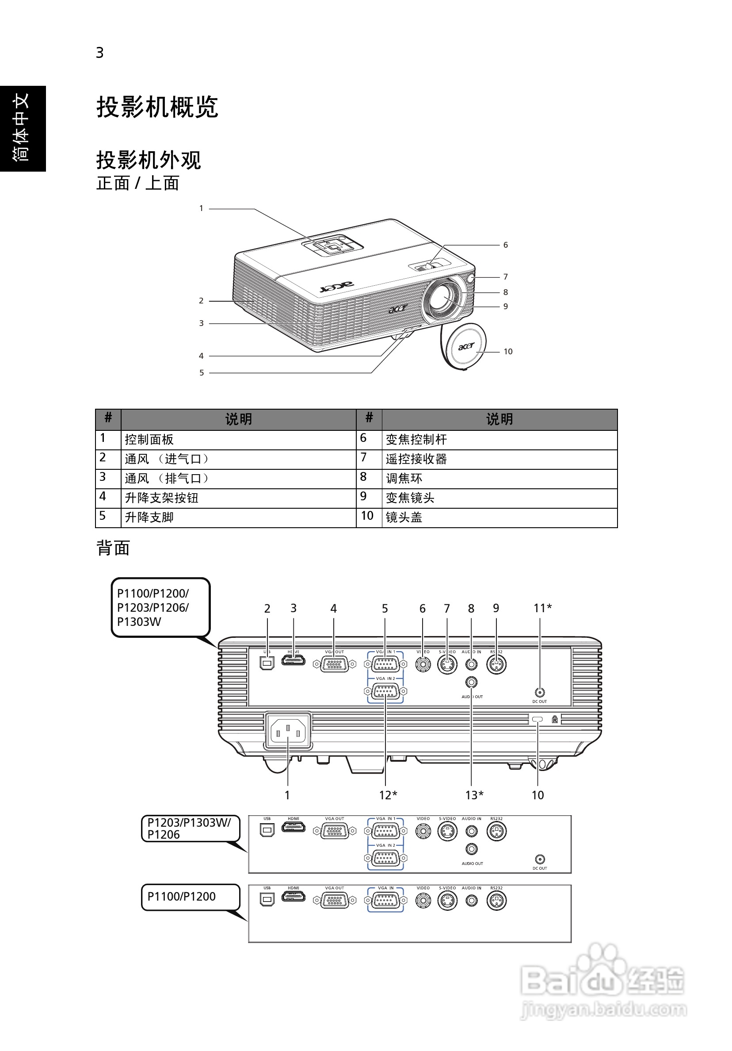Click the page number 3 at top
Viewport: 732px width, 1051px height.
[100, 53]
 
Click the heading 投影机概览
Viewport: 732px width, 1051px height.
[157, 107]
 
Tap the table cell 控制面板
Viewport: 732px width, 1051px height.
[149, 439]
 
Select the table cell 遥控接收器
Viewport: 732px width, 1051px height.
[416, 459]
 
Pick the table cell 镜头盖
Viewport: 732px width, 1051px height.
[404, 517]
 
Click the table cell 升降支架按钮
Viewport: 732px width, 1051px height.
[161, 498]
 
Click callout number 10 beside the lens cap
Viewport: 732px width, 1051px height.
[508, 352]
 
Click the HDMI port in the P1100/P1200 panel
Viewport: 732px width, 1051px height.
[293, 899]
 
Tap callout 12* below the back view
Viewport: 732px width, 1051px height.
[388, 795]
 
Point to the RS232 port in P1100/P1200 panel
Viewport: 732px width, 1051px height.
[496, 901]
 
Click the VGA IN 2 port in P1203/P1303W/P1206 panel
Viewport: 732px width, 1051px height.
[385, 858]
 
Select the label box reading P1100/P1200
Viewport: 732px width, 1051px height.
[191, 896]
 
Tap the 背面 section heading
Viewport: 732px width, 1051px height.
[114, 548]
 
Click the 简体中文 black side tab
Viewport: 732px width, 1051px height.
[23, 128]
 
